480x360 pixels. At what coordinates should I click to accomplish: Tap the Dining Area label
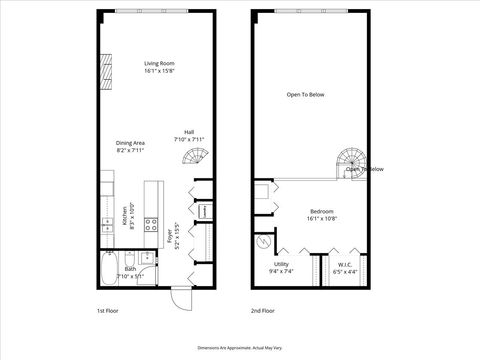130,146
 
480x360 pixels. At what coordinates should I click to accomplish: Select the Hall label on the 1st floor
188,134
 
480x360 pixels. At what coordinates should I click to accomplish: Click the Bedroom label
322,214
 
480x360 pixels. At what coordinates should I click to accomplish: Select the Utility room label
280,267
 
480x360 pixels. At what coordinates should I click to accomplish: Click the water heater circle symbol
263,241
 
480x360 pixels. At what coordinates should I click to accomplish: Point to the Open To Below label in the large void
306,95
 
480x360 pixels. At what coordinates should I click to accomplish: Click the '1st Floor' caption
109,310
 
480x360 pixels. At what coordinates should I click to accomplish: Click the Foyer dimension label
173,236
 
